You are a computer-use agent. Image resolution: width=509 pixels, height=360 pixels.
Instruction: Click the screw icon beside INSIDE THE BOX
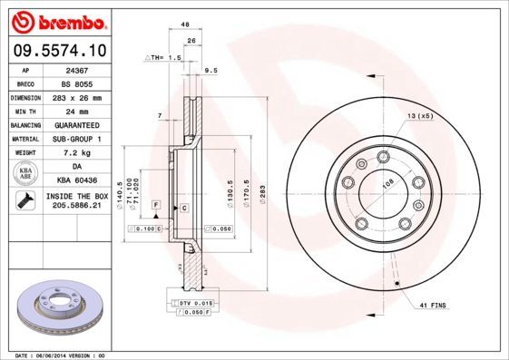[23, 202]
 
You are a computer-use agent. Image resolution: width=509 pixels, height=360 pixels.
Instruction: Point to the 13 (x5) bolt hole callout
[419, 117]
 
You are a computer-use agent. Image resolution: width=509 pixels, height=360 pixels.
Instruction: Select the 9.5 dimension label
[211, 69]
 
